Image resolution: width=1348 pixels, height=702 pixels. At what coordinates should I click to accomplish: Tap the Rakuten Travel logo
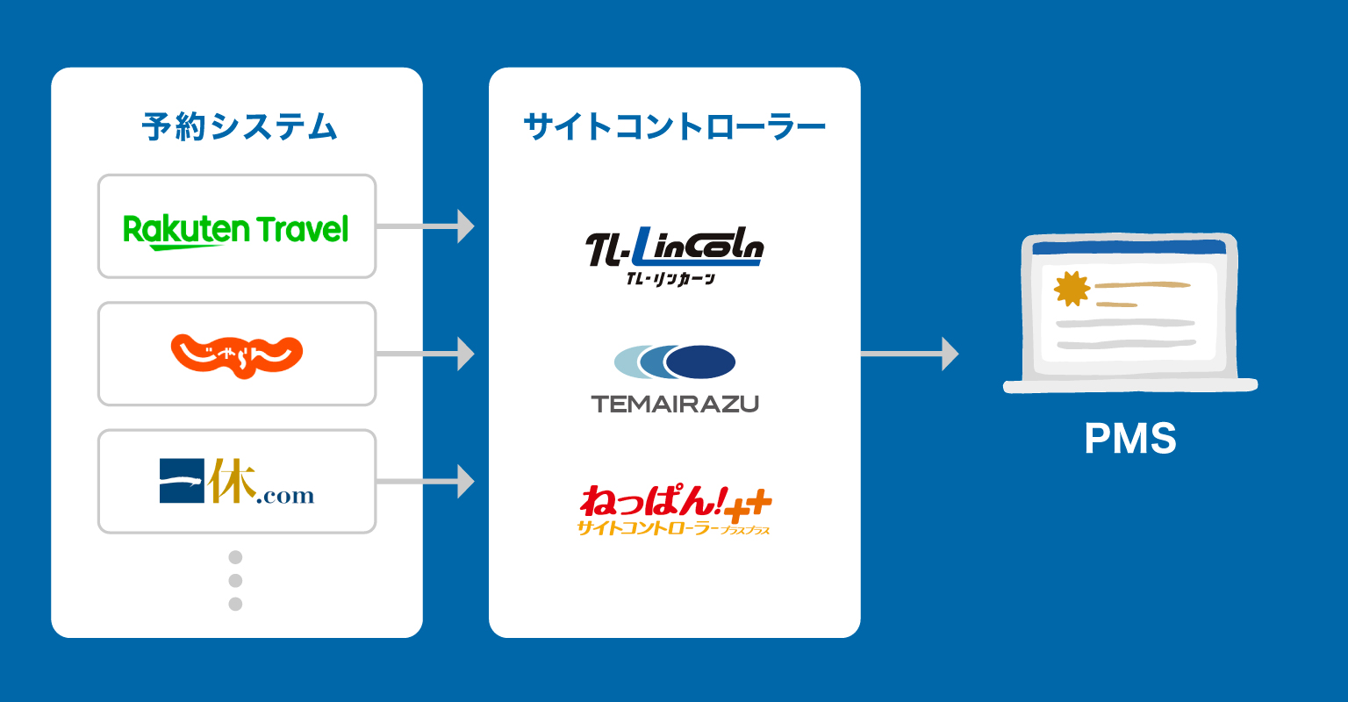[236, 230]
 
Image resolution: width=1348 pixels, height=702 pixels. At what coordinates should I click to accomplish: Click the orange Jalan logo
[236, 355]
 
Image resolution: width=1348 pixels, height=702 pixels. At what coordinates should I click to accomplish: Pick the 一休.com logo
[236, 483]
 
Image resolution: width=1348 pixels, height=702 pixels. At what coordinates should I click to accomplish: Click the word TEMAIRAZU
[674, 405]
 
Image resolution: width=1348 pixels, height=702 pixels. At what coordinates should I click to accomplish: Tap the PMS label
[1129, 439]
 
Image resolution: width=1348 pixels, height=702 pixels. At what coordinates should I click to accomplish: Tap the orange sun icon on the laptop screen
[1072, 289]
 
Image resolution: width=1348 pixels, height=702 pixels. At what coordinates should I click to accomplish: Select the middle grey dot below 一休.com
[235, 580]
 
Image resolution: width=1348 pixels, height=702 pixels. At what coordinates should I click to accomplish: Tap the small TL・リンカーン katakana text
[671, 279]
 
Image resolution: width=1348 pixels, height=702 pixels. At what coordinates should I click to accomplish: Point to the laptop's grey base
[1130, 385]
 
